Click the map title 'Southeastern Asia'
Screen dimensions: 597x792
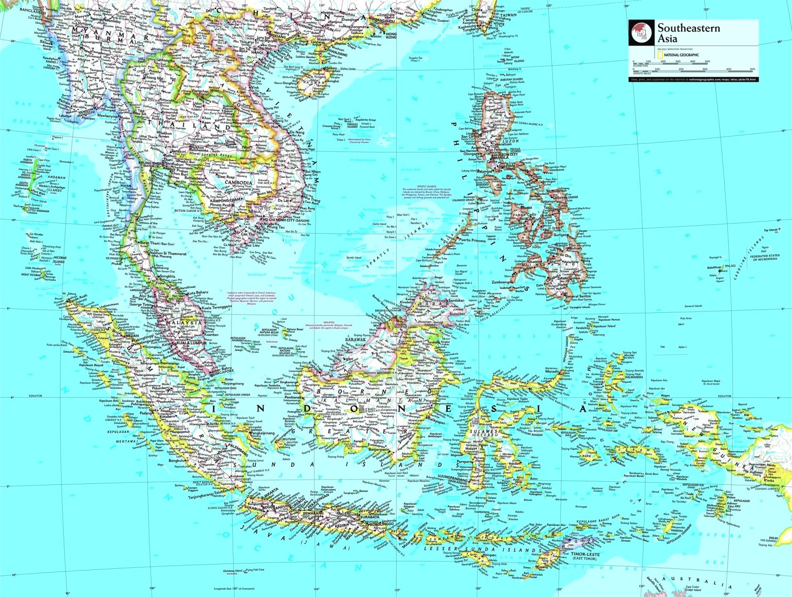(x=689, y=33)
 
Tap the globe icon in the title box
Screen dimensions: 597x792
(x=641, y=33)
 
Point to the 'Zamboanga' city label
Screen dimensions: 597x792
(x=500, y=282)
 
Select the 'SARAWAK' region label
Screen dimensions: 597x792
(x=355, y=340)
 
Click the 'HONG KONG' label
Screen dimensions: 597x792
(x=391, y=35)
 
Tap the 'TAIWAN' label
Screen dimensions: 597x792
(x=508, y=15)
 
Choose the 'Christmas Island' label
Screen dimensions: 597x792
(x=236, y=571)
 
